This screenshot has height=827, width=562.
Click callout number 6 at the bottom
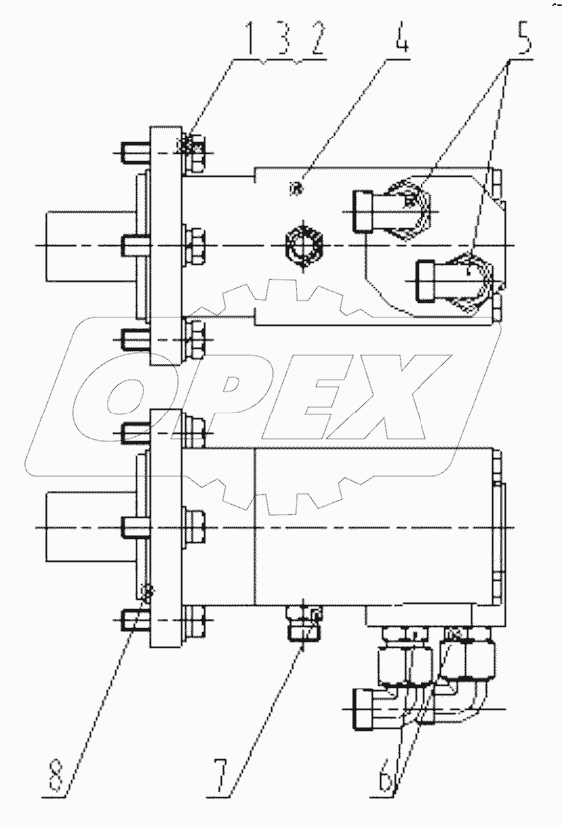(401, 773)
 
